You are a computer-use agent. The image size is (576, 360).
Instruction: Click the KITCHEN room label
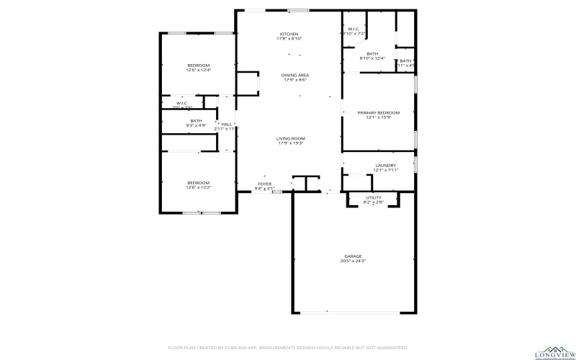tap(289, 34)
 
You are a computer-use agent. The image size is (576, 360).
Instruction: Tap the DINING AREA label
tap(295, 75)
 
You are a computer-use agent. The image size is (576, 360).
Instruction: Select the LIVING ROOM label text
tap(291, 138)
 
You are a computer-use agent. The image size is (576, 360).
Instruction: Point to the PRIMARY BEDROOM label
tap(379, 112)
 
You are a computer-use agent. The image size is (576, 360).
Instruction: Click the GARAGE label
tap(353, 256)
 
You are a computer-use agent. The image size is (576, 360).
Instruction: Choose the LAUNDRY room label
tap(385, 166)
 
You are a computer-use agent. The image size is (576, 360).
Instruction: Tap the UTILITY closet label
tap(373, 197)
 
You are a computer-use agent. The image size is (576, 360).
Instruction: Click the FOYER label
tap(265, 184)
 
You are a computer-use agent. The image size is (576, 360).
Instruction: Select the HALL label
tap(227, 124)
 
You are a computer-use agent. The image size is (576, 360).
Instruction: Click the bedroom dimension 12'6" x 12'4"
tap(198, 71)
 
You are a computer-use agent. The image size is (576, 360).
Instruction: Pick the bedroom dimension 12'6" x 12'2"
tap(198, 187)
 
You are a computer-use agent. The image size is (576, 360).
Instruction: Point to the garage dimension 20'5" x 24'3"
tap(353, 261)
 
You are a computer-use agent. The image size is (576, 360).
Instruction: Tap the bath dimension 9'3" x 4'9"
tap(196, 125)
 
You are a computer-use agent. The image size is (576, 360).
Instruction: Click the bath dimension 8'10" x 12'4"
tap(372, 58)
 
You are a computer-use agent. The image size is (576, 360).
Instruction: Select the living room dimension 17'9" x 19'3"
tap(291, 143)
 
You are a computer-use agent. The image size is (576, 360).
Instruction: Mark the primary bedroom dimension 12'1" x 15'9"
tap(379, 117)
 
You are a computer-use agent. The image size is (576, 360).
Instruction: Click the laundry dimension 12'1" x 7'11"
tap(385, 171)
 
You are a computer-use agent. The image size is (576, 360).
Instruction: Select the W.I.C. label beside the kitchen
tap(354, 29)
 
